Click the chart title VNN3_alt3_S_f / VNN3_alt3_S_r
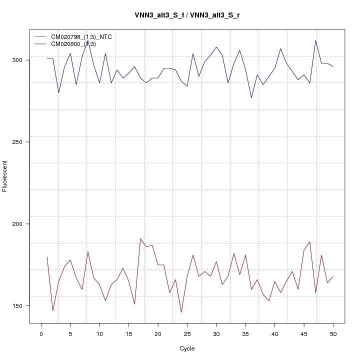tap(187, 15)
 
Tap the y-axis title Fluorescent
tap(5, 176)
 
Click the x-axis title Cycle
tap(187, 348)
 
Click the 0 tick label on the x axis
tap(41, 333)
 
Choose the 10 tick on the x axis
tap(99, 333)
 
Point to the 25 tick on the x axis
tap(187, 333)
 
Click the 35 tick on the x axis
tap(245, 333)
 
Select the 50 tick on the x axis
tap(333, 333)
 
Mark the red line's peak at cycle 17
tap(140, 238)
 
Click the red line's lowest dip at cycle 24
tap(181, 312)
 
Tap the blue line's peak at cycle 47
tap(315, 40)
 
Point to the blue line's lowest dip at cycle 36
tap(251, 97)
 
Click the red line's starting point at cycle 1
tap(47, 256)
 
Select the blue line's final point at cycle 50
tap(333, 66)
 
